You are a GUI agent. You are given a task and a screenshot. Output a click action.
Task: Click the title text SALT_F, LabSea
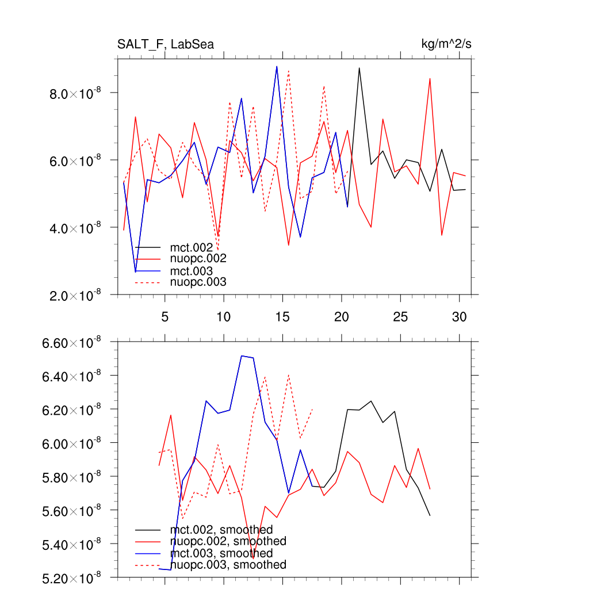[166, 44]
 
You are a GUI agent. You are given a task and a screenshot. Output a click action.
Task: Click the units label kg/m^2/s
[447, 44]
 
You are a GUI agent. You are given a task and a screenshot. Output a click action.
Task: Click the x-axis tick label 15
[282, 317]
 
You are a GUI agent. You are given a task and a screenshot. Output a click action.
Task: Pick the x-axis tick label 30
[459, 317]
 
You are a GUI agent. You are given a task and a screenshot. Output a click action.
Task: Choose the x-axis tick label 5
[165, 317]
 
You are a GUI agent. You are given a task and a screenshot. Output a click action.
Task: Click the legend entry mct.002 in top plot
[196, 248]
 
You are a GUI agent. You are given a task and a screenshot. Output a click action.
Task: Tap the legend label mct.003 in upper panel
[196, 271]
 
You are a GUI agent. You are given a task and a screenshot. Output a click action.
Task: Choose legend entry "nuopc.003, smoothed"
[228, 565]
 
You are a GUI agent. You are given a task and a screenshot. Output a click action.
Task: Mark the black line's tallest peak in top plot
[359, 68]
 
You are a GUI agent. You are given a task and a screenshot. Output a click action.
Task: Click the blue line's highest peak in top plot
[277, 66]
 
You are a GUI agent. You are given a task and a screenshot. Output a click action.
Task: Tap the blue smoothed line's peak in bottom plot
[242, 355]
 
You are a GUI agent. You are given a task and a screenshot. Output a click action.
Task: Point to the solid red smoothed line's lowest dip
[254, 557]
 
